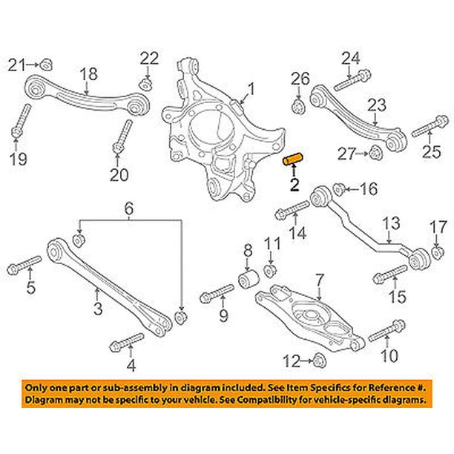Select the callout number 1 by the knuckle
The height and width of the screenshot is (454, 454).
(x=250, y=90)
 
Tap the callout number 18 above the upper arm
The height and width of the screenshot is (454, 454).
(x=88, y=73)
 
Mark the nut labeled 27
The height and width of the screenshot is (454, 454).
(x=375, y=154)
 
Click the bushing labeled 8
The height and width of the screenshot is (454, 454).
(x=248, y=283)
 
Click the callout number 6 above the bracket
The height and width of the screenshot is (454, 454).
(x=130, y=211)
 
